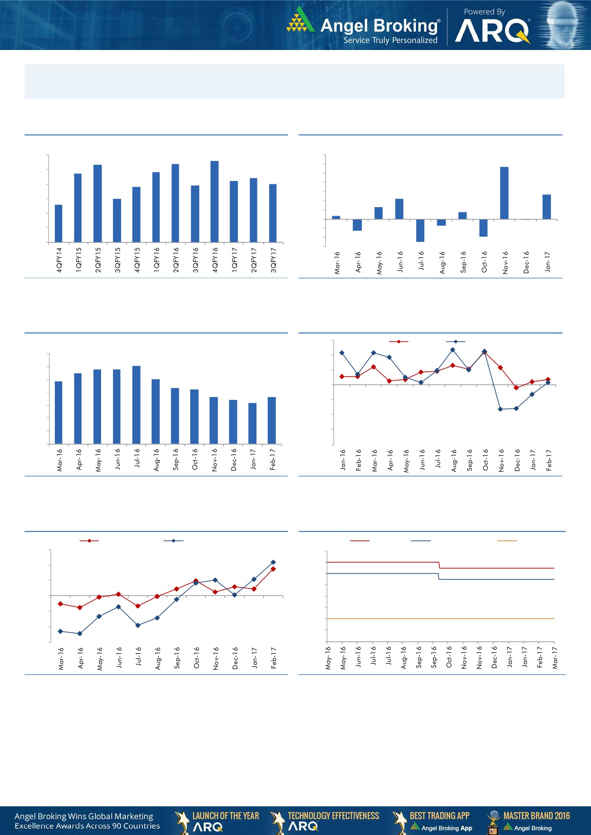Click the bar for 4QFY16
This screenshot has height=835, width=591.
point(214,201)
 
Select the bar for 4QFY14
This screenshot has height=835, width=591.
point(59,223)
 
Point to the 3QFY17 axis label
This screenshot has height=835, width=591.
point(274,260)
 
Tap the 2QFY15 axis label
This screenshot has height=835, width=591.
point(98,260)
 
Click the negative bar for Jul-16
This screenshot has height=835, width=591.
point(420,230)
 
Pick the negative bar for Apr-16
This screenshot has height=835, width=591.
point(357,225)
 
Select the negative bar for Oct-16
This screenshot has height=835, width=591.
point(483,228)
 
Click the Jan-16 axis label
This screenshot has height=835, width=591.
point(343,460)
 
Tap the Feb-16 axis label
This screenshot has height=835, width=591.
point(359,460)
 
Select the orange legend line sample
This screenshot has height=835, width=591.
point(507,541)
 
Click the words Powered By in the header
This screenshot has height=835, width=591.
point(484,12)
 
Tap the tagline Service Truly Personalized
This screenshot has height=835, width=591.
point(390,40)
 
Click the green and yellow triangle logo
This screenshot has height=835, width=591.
point(300,20)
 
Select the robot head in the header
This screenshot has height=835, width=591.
point(563,25)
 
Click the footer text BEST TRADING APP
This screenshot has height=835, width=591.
point(439,815)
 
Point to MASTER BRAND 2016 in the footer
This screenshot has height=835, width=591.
point(536,815)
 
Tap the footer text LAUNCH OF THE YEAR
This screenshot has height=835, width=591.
point(225,815)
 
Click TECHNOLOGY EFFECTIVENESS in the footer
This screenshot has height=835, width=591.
point(333,815)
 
